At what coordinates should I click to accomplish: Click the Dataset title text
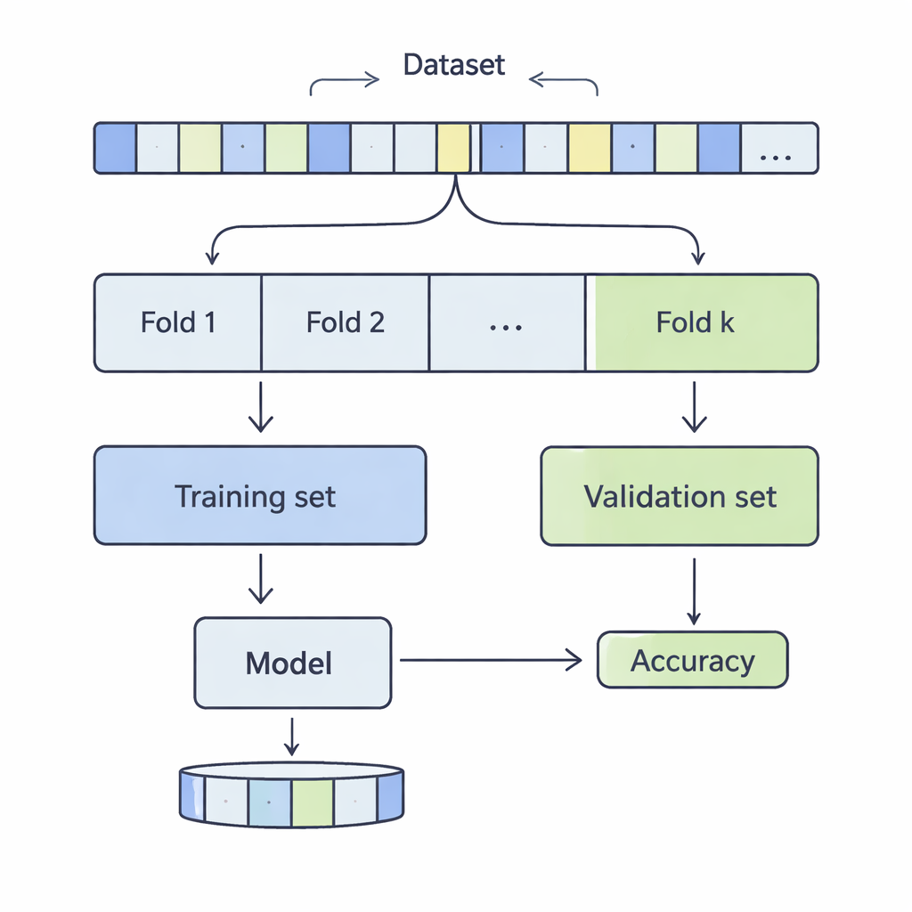pos(454,65)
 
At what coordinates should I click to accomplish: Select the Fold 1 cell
pos(178,322)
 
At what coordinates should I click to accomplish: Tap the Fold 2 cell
pos(346,322)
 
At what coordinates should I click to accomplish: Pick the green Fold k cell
pos(704,322)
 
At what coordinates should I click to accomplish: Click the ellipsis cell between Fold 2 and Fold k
pos(506,322)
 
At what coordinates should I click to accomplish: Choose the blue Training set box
pos(259,495)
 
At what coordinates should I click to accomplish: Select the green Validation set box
pos(680,496)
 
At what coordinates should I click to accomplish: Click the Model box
pos(292,663)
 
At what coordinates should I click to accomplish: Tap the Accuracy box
pos(692,660)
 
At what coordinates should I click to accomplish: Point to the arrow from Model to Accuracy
pos(490,660)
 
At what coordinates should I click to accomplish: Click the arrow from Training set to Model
pos(260,578)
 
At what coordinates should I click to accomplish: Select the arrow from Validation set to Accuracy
pos(694,590)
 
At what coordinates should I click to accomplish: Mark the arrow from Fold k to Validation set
pos(694,407)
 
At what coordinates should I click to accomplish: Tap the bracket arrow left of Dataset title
pos(343,83)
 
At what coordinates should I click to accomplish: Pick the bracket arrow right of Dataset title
pos(565,83)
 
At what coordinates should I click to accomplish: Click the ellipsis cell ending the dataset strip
pos(778,148)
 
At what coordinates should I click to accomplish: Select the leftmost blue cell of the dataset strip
pos(115,148)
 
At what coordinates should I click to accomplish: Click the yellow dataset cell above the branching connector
pos(452,148)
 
